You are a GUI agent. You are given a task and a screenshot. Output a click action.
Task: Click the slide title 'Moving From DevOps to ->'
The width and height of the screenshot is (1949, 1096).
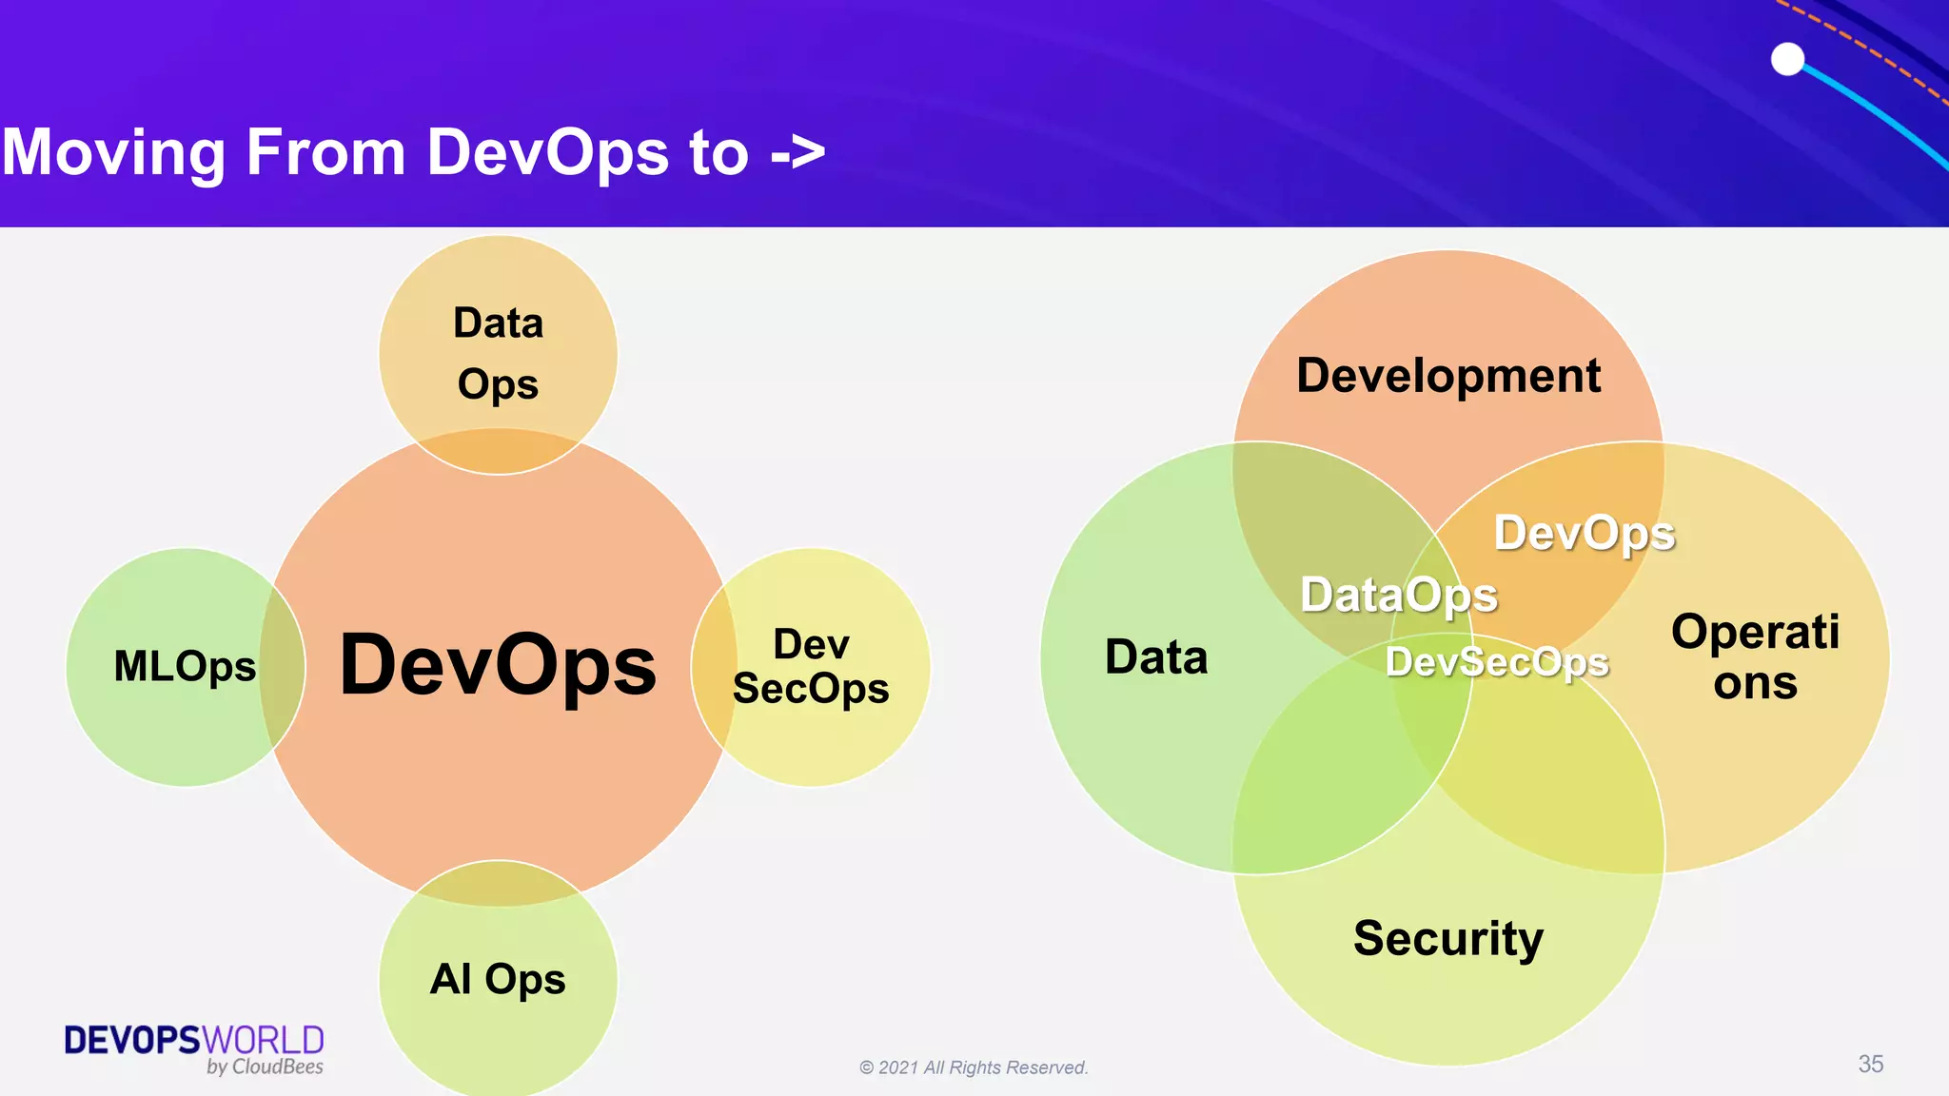pyautogui.click(x=413, y=152)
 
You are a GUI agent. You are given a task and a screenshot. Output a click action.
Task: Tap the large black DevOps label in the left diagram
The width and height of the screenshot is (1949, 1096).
pyautogui.click(x=498, y=665)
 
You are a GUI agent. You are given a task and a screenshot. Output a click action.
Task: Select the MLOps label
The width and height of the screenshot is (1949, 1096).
pyautogui.click(x=185, y=666)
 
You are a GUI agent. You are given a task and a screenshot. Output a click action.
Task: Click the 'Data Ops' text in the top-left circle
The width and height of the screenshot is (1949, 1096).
pyautogui.click(x=498, y=353)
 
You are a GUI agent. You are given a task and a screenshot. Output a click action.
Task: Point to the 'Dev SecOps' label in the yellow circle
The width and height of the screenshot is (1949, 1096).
pyautogui.click(x=811, y=666)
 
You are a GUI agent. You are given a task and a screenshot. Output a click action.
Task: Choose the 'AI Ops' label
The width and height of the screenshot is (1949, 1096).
pyautogui.click(x=498, y=979)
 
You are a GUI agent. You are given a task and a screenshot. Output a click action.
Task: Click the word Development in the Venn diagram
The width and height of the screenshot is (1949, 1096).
pyautogui.click(x=1448, y=375)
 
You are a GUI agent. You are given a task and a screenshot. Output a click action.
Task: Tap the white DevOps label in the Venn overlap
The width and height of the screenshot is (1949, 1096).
pyautogui.click(x=1585, y=533)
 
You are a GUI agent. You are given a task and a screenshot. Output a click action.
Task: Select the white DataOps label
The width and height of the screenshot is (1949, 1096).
pyautogui.click(x=1399, y=596)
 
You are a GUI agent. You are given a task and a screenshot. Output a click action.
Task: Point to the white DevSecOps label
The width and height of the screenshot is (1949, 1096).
pyautogui.click(x=1497, y=662)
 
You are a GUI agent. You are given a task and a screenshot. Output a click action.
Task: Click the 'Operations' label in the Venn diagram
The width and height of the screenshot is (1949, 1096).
pyautogui.click(x=1756, y=657)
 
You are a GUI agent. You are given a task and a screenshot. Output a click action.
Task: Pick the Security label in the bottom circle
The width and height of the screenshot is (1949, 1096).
pyautogui.click(x=1448, y=938)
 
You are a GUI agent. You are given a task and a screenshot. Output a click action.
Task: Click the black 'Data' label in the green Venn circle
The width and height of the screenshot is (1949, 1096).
pyautogui.click(x=1156, y=657)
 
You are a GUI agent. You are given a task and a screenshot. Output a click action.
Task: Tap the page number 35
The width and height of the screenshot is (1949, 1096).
pyautogui.click(x=1870, y=1064)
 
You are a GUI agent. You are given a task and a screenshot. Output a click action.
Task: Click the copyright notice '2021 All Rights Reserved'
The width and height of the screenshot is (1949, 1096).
pyautogui.click(x=974, y=1067)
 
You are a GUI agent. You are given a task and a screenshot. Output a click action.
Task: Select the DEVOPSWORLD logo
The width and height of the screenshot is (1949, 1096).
pyautogui.click(x=194, y=1040)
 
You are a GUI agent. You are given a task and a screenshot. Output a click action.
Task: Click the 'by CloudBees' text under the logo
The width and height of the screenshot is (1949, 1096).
pyautogui.click(x=265, y=1067)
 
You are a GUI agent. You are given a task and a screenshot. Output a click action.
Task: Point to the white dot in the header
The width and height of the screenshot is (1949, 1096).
pyautogui.click(x=1788, y=59)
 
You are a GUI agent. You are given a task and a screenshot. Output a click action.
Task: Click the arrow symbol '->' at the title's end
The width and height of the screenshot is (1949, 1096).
pyautogui.click(x=797, y=152)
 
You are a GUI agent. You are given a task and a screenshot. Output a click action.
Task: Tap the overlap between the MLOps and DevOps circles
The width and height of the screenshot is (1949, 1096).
pyautogui.click(x=283, y=666)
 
